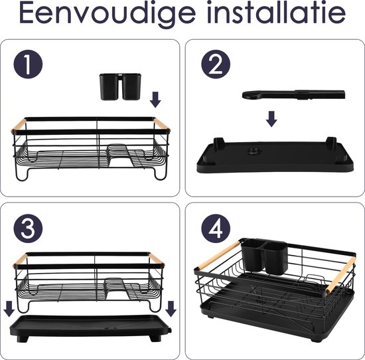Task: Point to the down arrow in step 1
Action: click(155, 100)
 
